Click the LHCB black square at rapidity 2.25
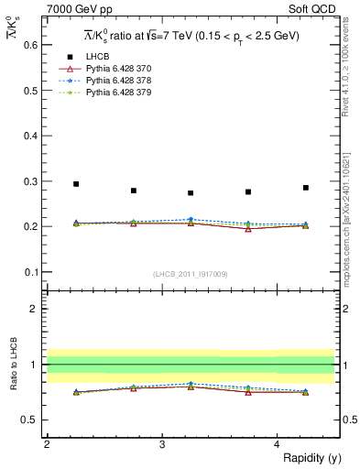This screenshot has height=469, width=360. [x=76, y=184]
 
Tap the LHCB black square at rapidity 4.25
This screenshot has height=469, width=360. [x=306, y=188]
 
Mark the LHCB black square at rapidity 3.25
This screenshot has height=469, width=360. [x=191, y=193]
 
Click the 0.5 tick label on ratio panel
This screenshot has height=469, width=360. [x=32, y=420]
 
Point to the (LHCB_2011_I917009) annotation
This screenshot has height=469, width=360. [x=191, y=274]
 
